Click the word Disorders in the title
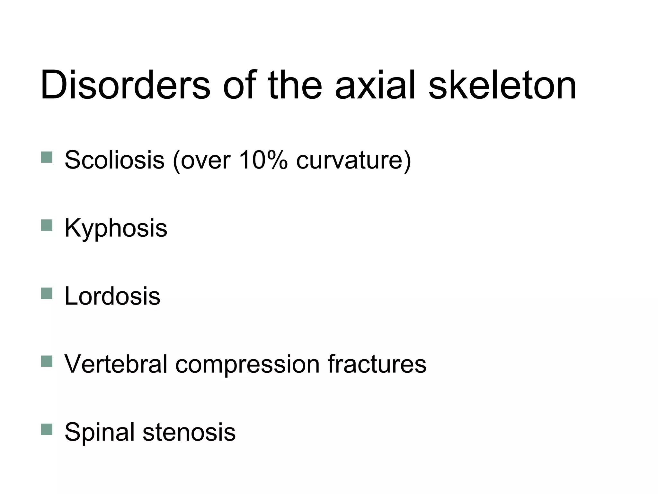[125, 86]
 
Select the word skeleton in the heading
[502, 86]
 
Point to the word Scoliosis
[114, 160]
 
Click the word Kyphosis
[116, 228]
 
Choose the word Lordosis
[112, 296]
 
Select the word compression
[247, 364]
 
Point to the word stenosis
[189, 432]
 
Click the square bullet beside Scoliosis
[47, 157]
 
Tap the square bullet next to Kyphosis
[47, 225]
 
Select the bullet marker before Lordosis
[47, 293]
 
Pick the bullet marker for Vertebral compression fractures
[47, 361]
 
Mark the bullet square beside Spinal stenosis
[47, 429]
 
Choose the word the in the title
[295, 86]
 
